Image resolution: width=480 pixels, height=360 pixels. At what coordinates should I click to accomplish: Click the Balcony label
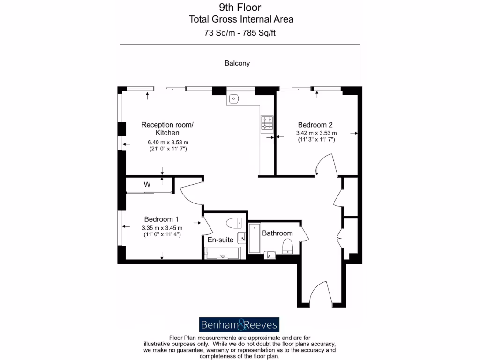[x=237, y=63]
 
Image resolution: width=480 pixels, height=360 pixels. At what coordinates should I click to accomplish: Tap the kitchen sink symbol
[x=234, y=98]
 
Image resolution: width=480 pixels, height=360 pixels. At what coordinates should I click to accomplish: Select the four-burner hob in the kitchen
[x=267, y=123]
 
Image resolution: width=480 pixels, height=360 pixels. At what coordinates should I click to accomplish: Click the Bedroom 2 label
[x=315, y=125]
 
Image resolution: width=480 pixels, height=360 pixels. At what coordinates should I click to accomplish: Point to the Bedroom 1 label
[x=161, y=219]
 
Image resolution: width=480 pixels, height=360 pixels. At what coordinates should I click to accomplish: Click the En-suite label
[x=220, y=240]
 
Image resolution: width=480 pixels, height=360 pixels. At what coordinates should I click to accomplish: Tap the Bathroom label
[x=277, y=233]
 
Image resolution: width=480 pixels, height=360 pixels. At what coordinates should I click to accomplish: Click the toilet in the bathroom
[x=287, y=245]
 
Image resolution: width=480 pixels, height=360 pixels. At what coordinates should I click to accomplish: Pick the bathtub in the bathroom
[x=254, y=239]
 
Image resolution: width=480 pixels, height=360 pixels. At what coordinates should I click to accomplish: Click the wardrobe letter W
[x=147, y=185]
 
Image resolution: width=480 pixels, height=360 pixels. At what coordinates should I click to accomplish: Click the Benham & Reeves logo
[x=239, y=324]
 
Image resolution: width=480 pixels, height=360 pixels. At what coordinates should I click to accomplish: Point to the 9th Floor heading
[x=240, y=7]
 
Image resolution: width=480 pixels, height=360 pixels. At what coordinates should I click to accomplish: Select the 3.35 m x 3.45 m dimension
[x=162, y=228]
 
